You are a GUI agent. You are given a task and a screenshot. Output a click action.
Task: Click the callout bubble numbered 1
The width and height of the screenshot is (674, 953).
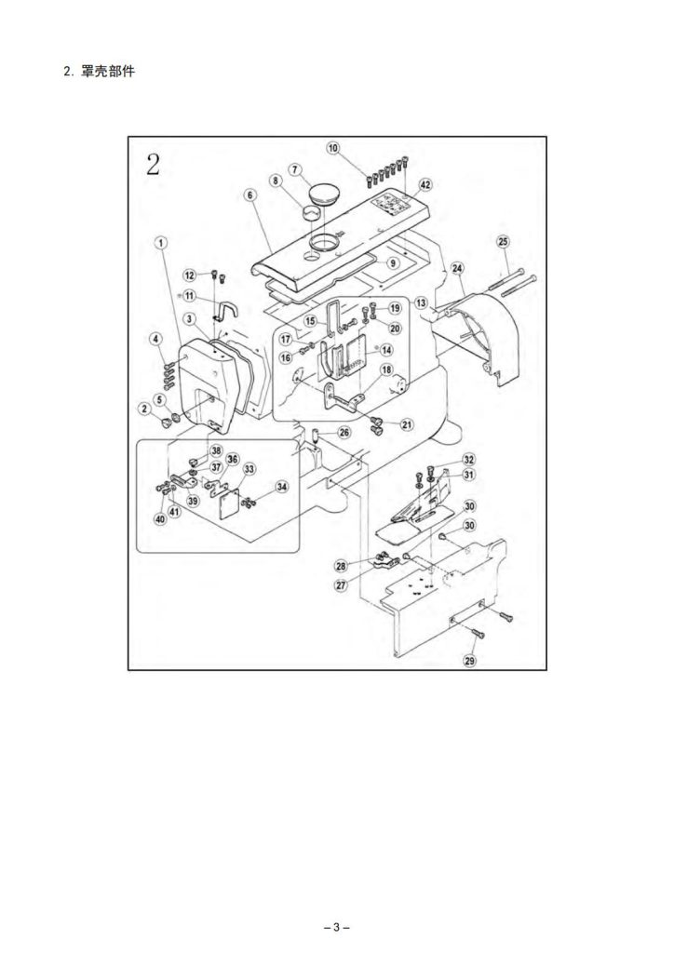pyautogui.click(x=161, y=243)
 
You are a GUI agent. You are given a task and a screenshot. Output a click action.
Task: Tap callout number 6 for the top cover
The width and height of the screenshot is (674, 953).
pyautogui.click(x=250, y=195)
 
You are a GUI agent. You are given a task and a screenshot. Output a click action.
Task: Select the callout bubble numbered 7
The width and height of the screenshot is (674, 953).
pyautogui.click(x=295, y=169)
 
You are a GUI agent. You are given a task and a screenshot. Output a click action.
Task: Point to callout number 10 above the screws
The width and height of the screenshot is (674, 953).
pyautogui.click(x=332, y=148)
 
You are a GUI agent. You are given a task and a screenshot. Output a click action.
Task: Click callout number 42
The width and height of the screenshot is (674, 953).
pyautogui.click(x=425, y=185)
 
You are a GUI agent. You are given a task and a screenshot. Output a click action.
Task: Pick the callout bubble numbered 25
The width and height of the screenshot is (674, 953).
pyautogui.click(x=503, y=241)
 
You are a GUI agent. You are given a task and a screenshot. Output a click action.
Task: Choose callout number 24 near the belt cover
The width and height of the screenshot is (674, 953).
pyautogui.click(x=457, y=268)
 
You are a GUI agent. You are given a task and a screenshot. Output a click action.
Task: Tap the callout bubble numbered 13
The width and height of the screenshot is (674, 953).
pyautogui.click(x=421, y=302)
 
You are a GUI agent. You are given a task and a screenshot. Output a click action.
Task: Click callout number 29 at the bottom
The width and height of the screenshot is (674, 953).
pyautogui.click(x=469, y=661)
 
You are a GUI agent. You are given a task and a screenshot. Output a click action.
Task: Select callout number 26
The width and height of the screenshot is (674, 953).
pyautogui.click(x=344, y=432)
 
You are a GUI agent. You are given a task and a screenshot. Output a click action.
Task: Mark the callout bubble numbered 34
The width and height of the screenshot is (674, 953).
pyautogui.click(x=281, y=487)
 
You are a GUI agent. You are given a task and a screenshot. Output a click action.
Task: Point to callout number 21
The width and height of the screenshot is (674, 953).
pyautogui.click(x=407, y=424)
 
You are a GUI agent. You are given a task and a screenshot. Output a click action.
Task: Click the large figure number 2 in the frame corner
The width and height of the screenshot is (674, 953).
pyautogui.click(x=152, y=164)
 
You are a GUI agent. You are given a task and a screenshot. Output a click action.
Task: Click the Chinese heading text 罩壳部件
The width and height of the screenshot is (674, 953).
pyautogui.click(x=108, y=71)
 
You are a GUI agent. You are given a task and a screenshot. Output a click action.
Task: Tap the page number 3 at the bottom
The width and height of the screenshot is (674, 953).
pyautogui.click(x=337, y=928)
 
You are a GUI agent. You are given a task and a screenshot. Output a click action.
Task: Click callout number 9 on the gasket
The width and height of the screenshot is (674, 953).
pyautogui.click(x=393, y=262)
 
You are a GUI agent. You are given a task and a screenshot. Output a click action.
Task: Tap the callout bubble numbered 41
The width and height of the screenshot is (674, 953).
pyautogui.click(x=175, y=511)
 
